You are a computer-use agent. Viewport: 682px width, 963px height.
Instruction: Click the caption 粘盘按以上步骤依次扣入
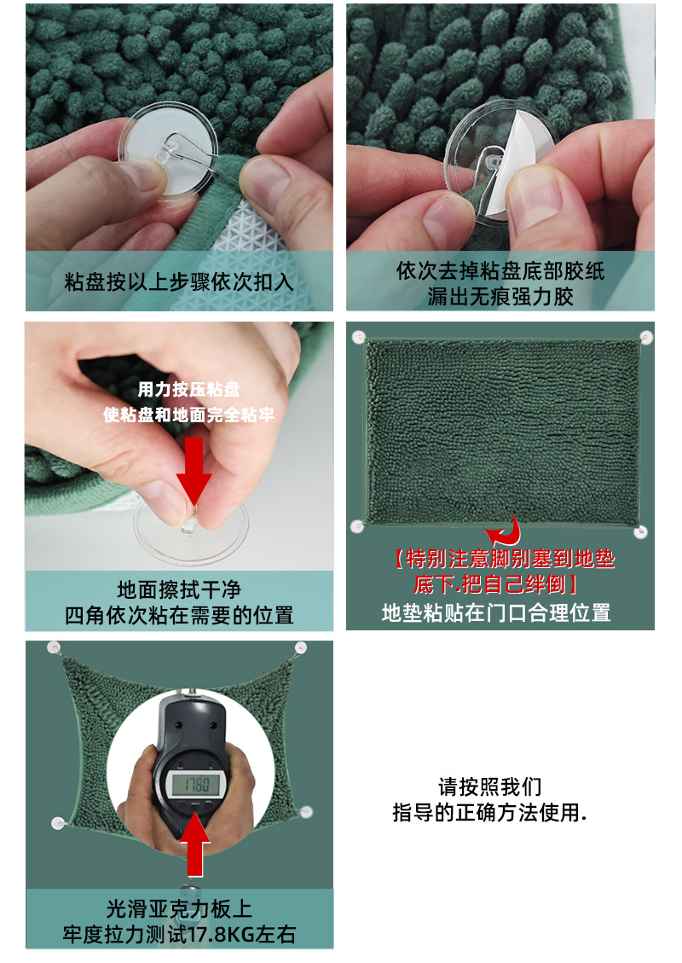tap(179, 282)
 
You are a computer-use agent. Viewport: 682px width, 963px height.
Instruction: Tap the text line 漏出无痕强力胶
tap(500, 296)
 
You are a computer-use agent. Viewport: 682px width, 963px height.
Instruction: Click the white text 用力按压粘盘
tap(189, 390)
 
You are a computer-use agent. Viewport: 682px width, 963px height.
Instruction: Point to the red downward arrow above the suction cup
tap(195, 468)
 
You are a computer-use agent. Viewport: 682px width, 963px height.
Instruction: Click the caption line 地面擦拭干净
tap(179, 589)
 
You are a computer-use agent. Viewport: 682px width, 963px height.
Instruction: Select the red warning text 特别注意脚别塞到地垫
tap(505, 560)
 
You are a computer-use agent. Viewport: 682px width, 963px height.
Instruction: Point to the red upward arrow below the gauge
tap(197, 845)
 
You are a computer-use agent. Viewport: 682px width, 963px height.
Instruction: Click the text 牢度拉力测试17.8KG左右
tap(179, 934)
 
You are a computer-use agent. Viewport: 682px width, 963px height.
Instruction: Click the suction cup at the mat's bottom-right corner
tap(641, 531)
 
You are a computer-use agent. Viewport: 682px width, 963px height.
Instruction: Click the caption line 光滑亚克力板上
tap(179, 909)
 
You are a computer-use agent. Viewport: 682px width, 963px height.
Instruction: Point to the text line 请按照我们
tap(490, 786)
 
